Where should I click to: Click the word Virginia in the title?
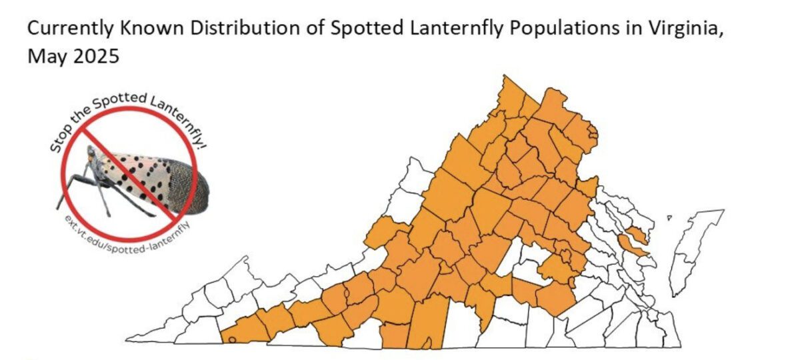coord(679,30)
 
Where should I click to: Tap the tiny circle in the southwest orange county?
coord(231,339)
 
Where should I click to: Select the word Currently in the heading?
coord(63,30)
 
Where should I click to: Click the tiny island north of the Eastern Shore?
coord(669,217)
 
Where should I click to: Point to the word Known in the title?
coord(138,30)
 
